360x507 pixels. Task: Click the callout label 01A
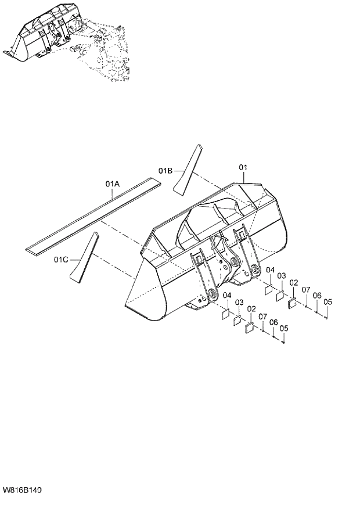(113, 184)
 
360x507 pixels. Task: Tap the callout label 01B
(165, 170)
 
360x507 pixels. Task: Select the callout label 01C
(62, 258)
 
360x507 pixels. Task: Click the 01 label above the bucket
(243, 167)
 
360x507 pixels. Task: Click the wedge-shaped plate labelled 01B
(187, 168)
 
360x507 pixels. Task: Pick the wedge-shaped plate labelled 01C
(84, 258)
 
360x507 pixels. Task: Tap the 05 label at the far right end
(328, 301)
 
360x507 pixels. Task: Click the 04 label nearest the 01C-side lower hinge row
(226, 296)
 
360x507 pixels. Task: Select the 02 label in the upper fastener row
(294, 283)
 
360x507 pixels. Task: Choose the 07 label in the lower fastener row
(262, 317)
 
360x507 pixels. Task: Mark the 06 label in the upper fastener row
(317, 295)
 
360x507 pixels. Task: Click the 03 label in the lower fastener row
(239, 303)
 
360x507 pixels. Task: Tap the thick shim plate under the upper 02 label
(293, 302)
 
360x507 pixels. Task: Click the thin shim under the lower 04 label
(222, 314)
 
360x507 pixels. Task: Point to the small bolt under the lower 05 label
(283, 342)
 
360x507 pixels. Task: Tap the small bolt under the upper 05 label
(327, 317)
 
